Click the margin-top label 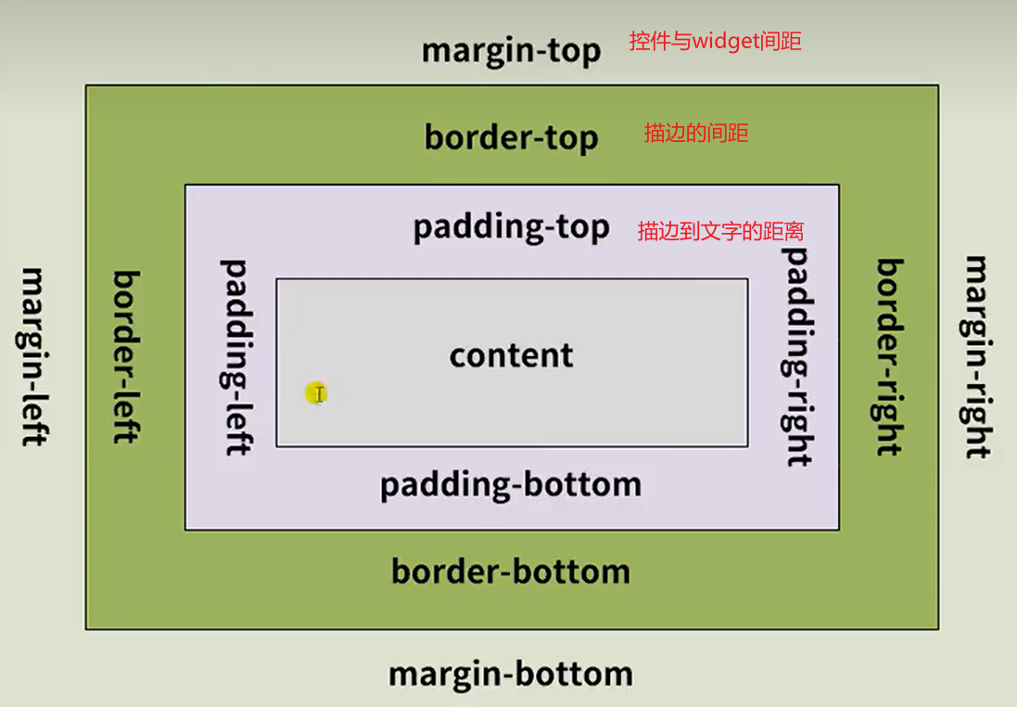click(511, 50)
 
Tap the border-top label click(511, 137)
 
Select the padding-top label click(511, 227)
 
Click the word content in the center click(511, 355)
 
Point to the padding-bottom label click(511, 484)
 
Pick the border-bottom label click(511, 571)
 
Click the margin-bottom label click(511, 674)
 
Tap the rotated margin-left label click(33, 356)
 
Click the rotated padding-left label click(236, 356)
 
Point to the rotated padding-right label click(797, 356)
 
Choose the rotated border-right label click(889, 356)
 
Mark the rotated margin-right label click(977, 356)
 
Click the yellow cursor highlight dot click(317, 394)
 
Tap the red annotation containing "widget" click(715, 42)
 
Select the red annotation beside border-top click(695, 134)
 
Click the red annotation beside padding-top click(720, 232)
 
